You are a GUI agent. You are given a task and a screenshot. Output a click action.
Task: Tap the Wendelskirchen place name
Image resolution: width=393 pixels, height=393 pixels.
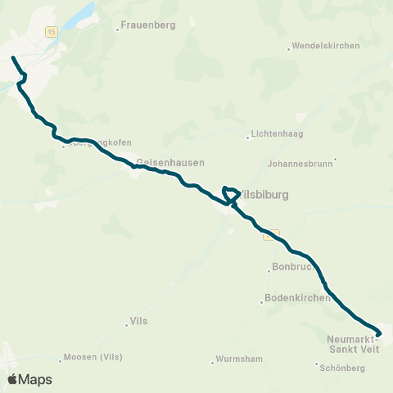point(326,46)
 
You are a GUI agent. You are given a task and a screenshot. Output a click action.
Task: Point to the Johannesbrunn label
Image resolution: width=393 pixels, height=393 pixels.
point(300,163)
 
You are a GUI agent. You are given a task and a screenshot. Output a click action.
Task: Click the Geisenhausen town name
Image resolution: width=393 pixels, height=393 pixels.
point(170,162)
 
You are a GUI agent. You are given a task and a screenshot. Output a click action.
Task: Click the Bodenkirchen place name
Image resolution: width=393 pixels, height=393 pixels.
point(297,297)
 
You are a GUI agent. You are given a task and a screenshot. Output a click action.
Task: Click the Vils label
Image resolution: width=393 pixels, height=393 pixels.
point(138,323)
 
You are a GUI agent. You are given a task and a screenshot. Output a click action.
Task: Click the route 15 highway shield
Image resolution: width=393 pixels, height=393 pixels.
point(52,32)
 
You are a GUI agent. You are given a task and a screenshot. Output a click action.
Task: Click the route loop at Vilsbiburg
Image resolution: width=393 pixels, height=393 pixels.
point(230,194)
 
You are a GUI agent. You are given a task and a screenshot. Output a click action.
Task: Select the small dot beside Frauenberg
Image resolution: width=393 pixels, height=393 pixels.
point(118,29)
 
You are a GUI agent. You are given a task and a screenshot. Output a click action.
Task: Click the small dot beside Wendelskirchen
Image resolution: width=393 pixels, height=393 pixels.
point(289,48)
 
